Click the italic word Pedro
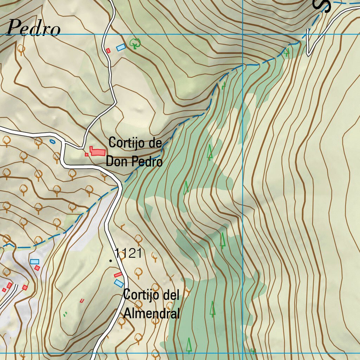point(33,28)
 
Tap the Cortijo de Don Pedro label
point(135,152)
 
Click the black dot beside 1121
point(111,261)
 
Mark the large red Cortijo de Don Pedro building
point(98,151)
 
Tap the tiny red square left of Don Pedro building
point(86,154)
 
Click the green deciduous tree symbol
point(135,44)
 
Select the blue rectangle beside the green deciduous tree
point(121,47)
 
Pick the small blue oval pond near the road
point(52,141)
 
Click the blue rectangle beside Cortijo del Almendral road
point(119,283)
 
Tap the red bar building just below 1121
point(118,274)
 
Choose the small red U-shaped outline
point(82,301)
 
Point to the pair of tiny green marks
point(65,314)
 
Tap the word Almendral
point(152,313)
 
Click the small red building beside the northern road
point(108,51)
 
